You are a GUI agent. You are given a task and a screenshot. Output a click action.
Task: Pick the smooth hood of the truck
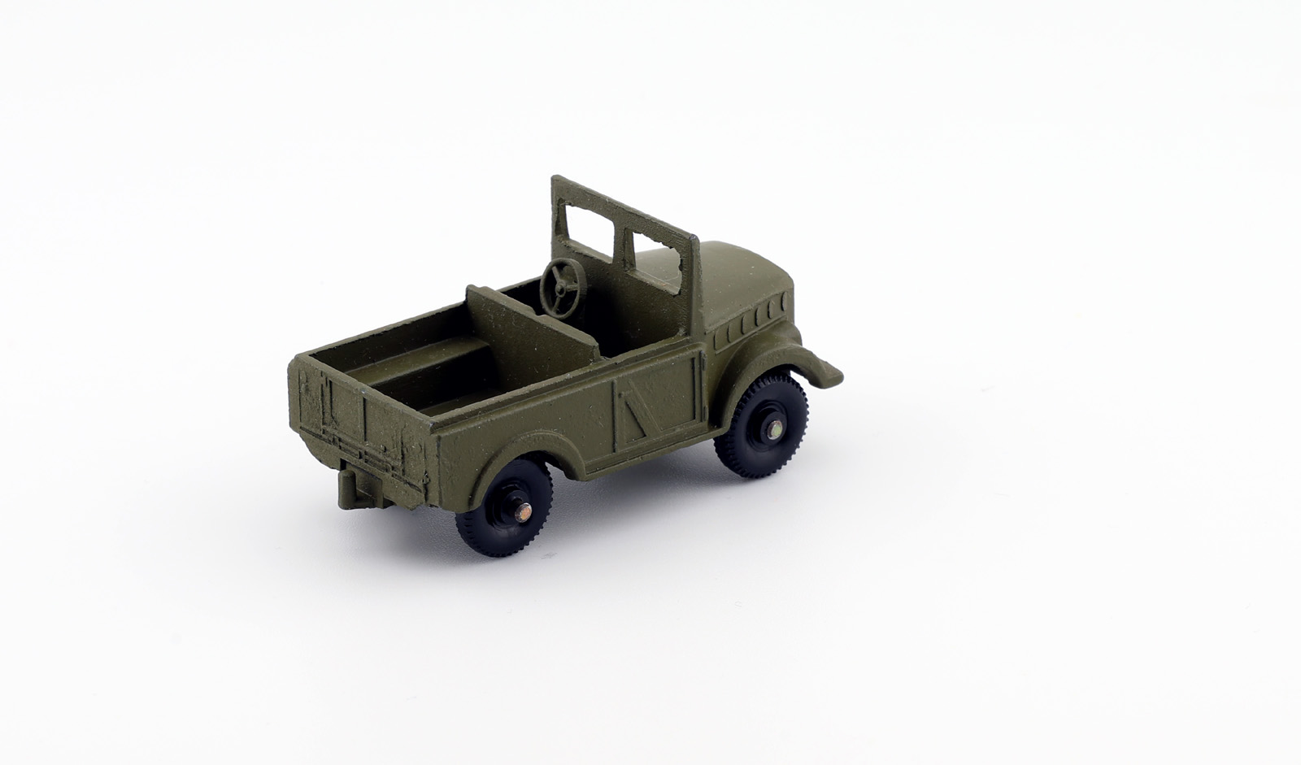[740, 276]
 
